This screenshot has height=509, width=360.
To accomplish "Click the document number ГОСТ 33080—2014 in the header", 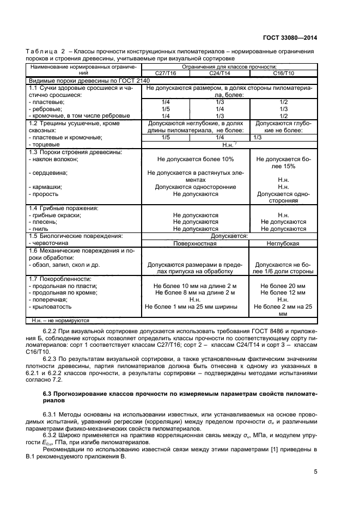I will (x=294, y=38).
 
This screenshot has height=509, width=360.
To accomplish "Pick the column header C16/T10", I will (x=283, y=72).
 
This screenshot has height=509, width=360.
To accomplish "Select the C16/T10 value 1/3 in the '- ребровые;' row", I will (x=283, y=109).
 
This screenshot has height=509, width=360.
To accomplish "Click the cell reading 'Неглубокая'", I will (x=283, y=243).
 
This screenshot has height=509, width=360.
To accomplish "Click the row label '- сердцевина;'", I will (x=48, y=173).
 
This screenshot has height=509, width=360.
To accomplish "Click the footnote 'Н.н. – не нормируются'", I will (x=60, y=321).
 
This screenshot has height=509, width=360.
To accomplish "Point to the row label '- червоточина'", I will (x=51, y=243).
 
